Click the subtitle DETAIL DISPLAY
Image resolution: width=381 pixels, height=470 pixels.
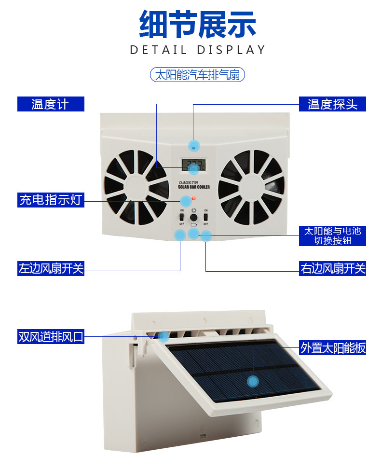click(198, 50)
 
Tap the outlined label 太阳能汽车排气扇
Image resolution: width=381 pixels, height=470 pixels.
click(197, 75)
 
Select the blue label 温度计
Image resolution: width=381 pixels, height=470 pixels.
click(50, 104)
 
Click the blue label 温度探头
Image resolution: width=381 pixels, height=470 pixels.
click(333, 104)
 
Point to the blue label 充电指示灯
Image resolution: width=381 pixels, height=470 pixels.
click(50, 199)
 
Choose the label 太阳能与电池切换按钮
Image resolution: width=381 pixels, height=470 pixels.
click(333, 235)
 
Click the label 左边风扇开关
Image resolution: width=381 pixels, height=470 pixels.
click(51, 268)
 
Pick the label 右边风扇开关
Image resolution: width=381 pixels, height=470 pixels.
click(333, 268)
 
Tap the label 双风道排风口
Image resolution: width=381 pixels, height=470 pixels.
click(51, 336)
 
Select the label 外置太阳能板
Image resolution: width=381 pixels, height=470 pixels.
click(333, 347)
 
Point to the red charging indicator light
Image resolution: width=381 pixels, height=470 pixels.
click(193, 199)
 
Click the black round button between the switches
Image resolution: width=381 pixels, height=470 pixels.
click(194, 218)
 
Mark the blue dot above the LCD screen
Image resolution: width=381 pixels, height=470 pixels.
click(194, 145)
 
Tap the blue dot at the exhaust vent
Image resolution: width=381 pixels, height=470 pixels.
click(163, 336)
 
